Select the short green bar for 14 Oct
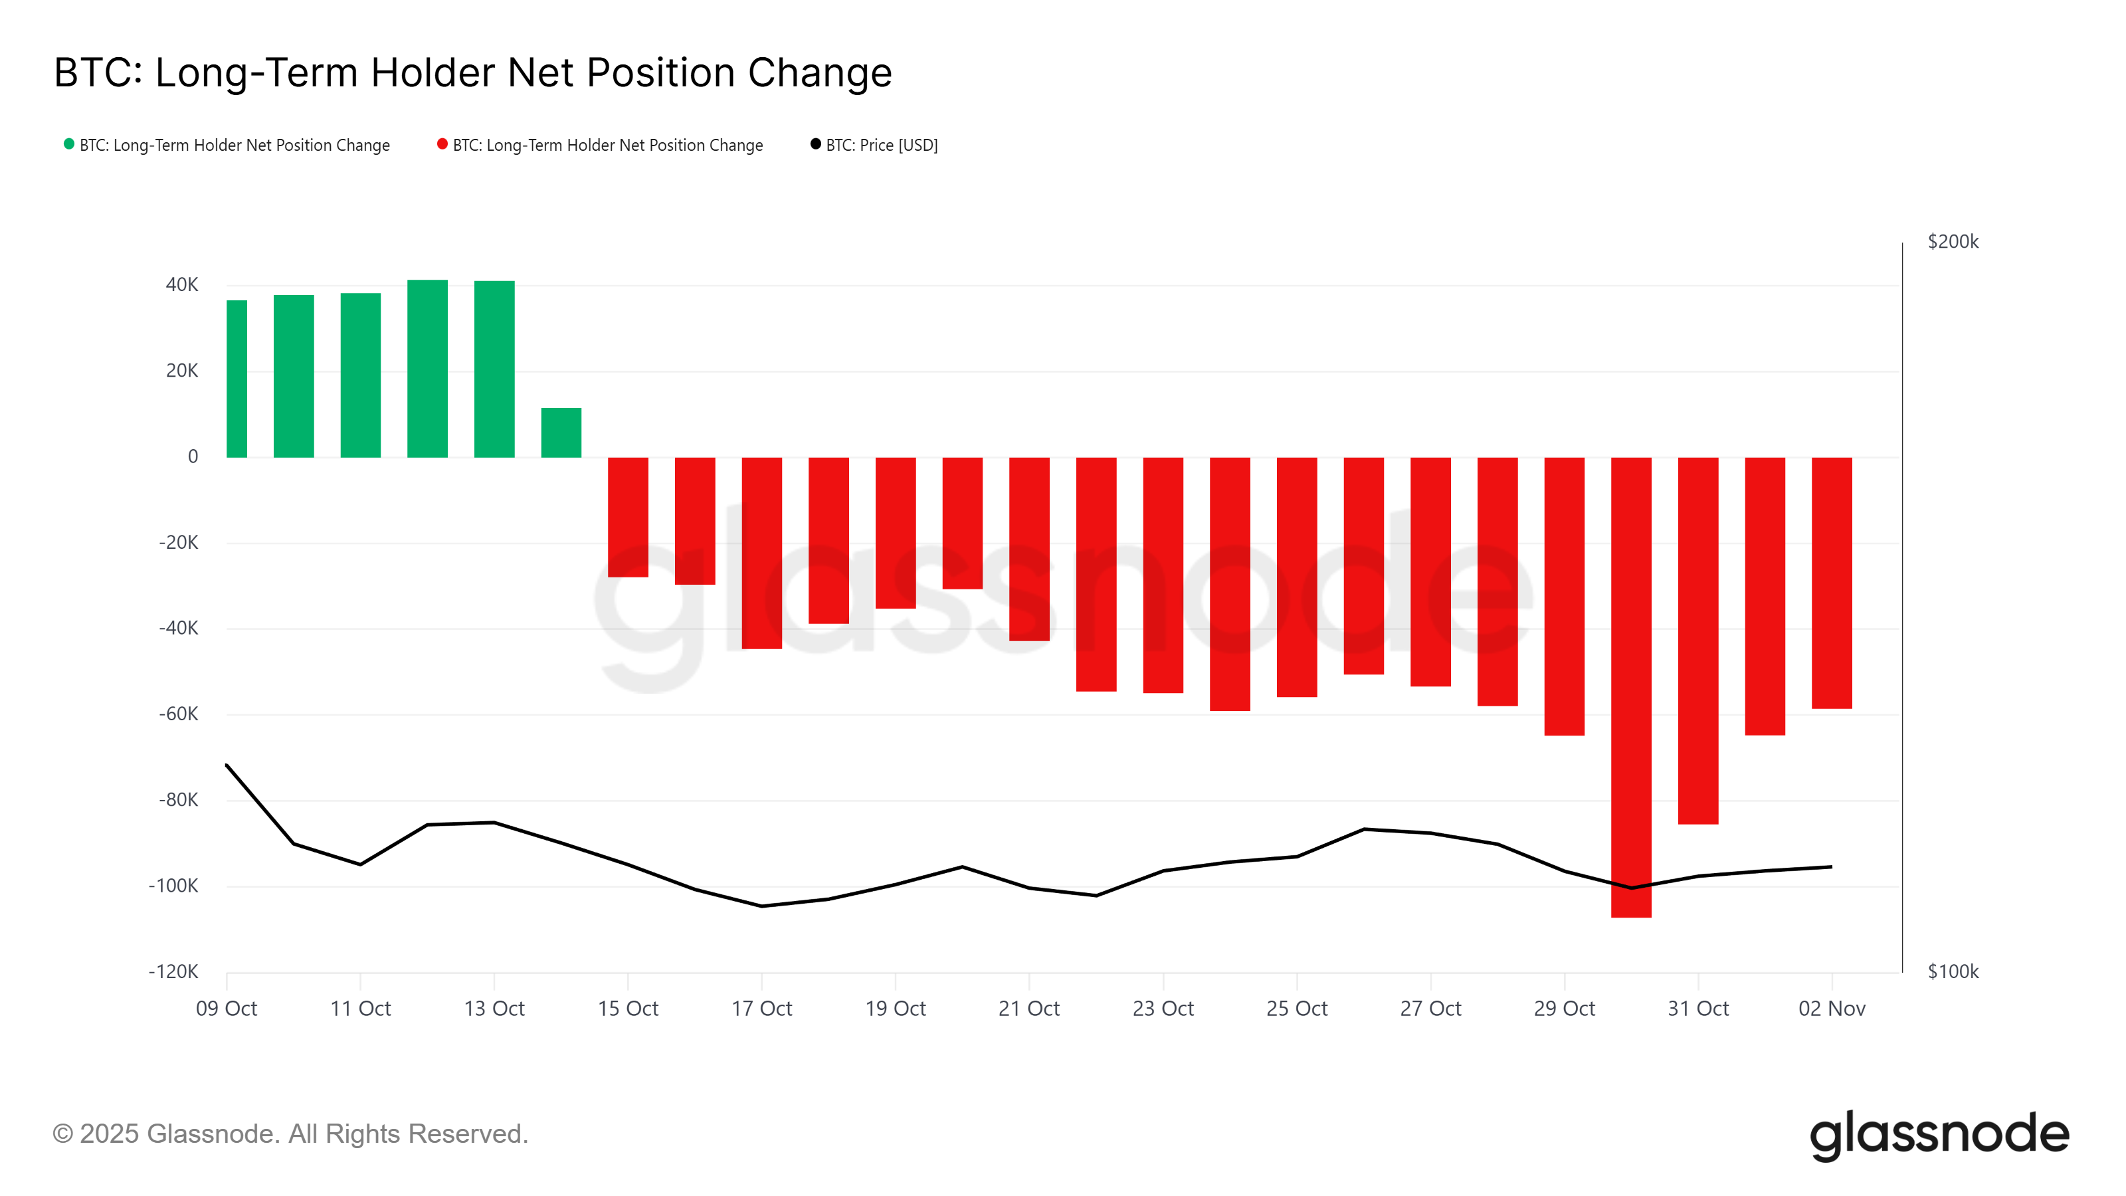tap(561, 433)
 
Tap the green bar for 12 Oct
tap(427, 368)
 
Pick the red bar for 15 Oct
tap(628, 517)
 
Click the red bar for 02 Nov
tap(1832, 583)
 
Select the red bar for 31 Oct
tap(1697, 641)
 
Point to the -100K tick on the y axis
tap(173, 886)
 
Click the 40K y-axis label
tap(181, 285)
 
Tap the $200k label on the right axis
tap(1953, 242)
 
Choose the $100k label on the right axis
tap(1953, 971)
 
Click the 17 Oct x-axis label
tap(761, 1009)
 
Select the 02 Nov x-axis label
tap(1832, 1009)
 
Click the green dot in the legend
tap(69, 144)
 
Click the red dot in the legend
tap(442, 144)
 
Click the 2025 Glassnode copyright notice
tap(290, 1134)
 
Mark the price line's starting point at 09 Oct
tap(227, 765)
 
